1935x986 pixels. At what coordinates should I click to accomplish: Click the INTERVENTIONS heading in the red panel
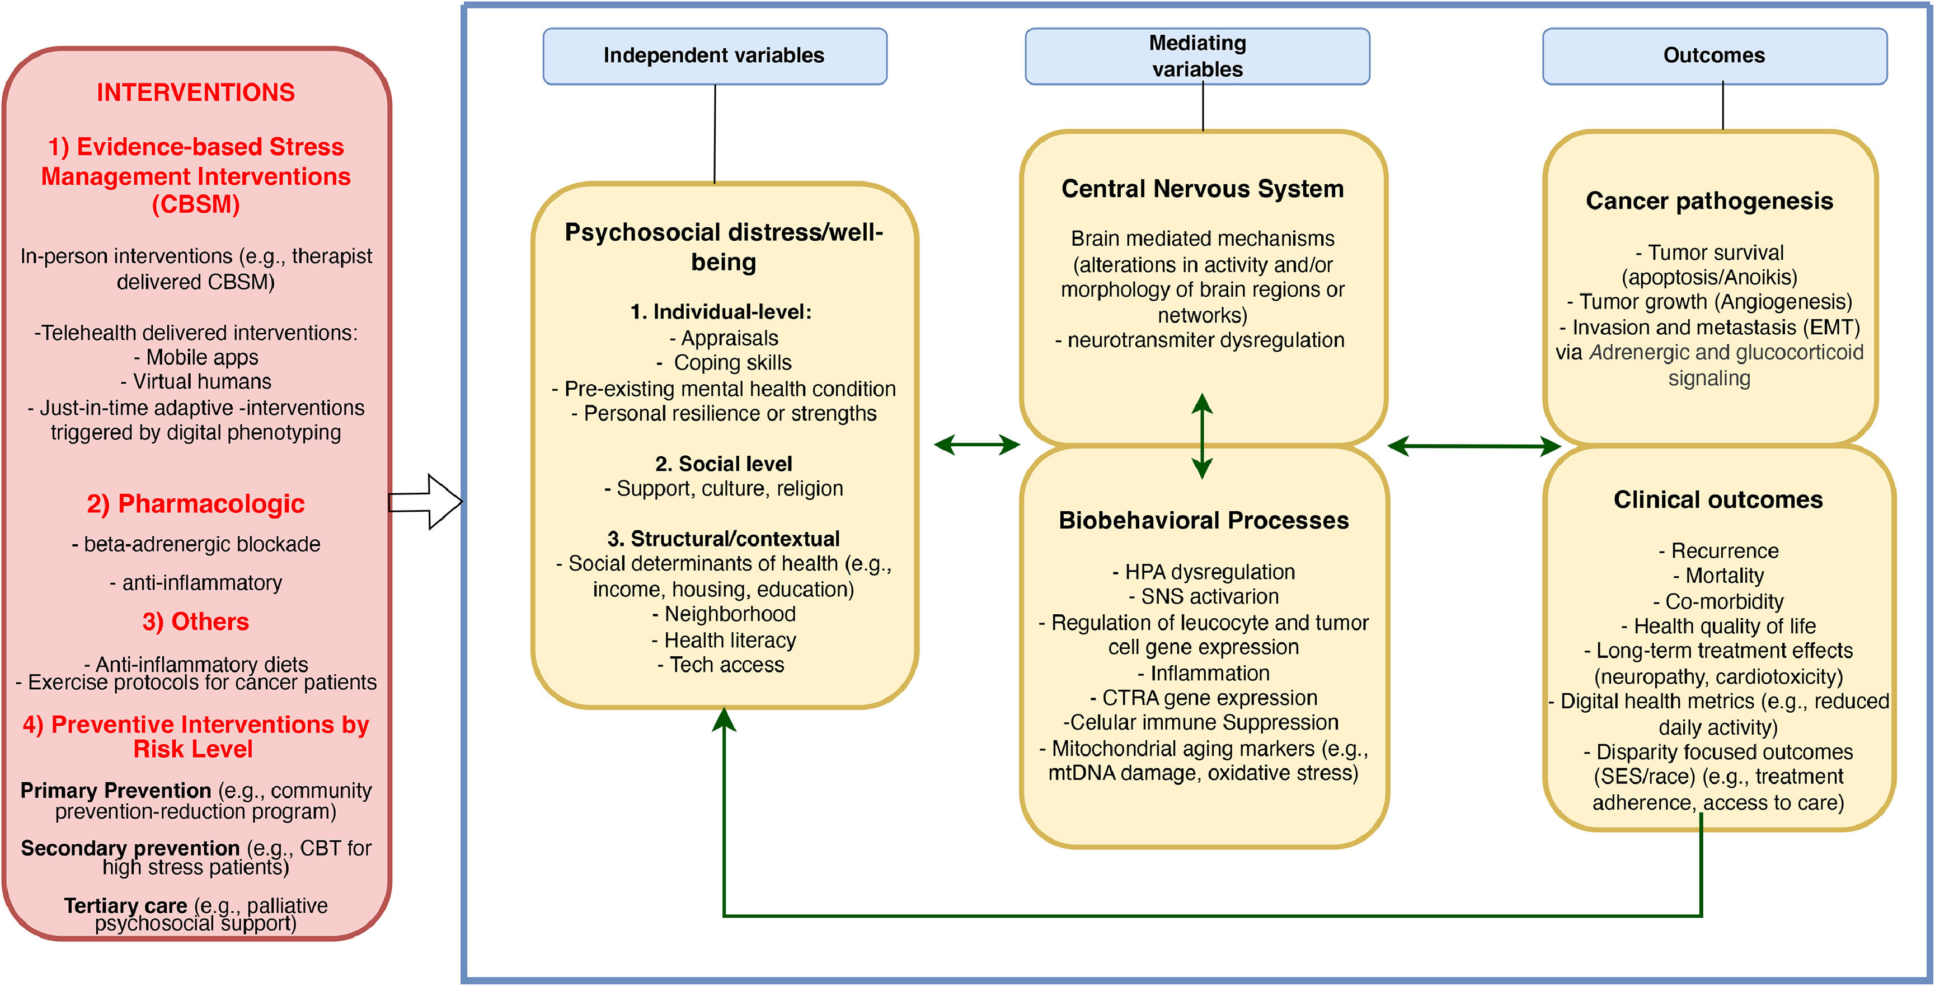coord(195,92)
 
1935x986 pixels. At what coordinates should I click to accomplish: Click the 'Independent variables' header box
coord(715,55)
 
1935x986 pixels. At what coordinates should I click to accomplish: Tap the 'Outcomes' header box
coord(1714,55)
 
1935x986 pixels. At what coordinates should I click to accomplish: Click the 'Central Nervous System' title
coord(1202,189)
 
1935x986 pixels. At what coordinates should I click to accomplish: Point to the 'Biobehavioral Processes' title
coord(1204,520)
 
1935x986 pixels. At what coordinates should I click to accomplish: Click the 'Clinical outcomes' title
coord(1718,500)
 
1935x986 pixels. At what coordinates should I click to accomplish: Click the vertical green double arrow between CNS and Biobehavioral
coord(1202,436)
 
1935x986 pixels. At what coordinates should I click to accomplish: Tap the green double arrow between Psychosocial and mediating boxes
coord(976,445)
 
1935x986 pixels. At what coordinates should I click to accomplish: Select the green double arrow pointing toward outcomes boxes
coord(1474,446)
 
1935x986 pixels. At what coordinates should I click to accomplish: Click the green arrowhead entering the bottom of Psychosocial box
coord(724,721)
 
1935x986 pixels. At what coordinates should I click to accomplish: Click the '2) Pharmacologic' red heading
coord(195,503)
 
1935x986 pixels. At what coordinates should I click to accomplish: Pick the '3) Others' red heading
coord(195,621)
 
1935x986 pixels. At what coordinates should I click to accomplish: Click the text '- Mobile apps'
coord(195,357)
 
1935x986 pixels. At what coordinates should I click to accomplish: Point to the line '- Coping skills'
coord(724,363)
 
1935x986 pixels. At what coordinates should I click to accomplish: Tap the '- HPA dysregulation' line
coord(1204,572)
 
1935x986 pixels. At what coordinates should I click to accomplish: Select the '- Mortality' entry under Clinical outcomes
coord(1718,576)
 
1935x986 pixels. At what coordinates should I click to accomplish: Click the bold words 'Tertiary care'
coord(125,905)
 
